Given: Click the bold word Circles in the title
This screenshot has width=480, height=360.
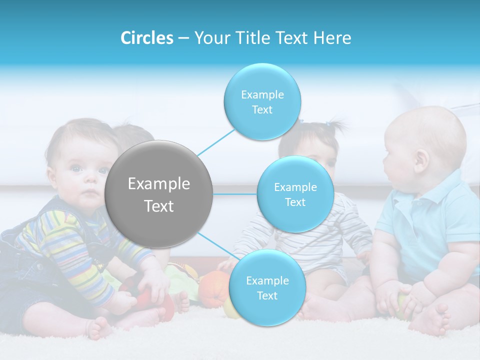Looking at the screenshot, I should (147, 38).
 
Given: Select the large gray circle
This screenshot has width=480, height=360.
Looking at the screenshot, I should (159, 194).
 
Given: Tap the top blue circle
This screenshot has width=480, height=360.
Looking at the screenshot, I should (262, 101).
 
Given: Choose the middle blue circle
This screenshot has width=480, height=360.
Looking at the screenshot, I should (295, 194).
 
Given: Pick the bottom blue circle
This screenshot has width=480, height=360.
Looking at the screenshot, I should (267, 287).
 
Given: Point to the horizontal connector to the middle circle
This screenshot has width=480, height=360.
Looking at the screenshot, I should (235, 194).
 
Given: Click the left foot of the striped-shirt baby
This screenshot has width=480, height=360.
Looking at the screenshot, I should (100, 327).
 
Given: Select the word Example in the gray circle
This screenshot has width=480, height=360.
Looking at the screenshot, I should (159, 184).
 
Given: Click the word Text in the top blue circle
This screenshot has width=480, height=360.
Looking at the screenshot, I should (262, 110).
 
